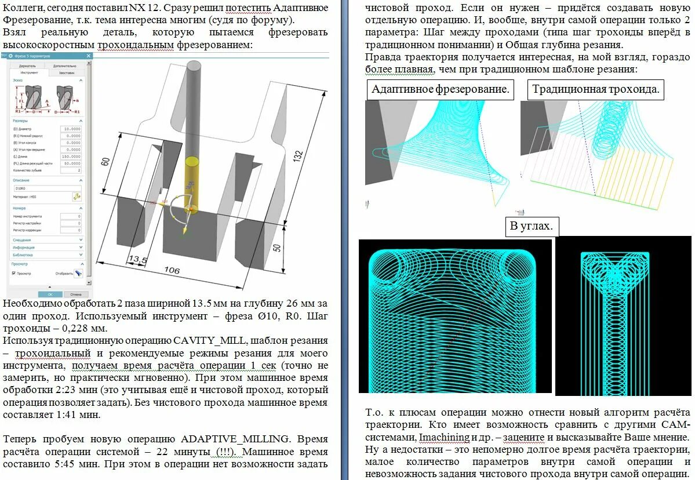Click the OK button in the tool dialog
pyautogui.click(x=50, y=294)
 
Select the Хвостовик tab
pyautogui.click(x=67, y=72)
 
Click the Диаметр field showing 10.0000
pyautogui.click(x=72, y=129)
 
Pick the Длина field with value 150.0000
pyautogui.click(x=72, y=157)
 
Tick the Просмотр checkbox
pyautogui.click(x=14, y=273)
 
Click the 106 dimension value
pyautogui.click(x=172, y=271)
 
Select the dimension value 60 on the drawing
pyautogui.click(x=105, y=161)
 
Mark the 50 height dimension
pyautogui.click(x=277, y=248)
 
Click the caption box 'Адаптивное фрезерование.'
pyautogui.click(x=440, y=89)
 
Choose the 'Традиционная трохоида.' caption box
pyautogui.click(x=596, y=89)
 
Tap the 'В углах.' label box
pyautogui.click(x=532, y=226)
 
